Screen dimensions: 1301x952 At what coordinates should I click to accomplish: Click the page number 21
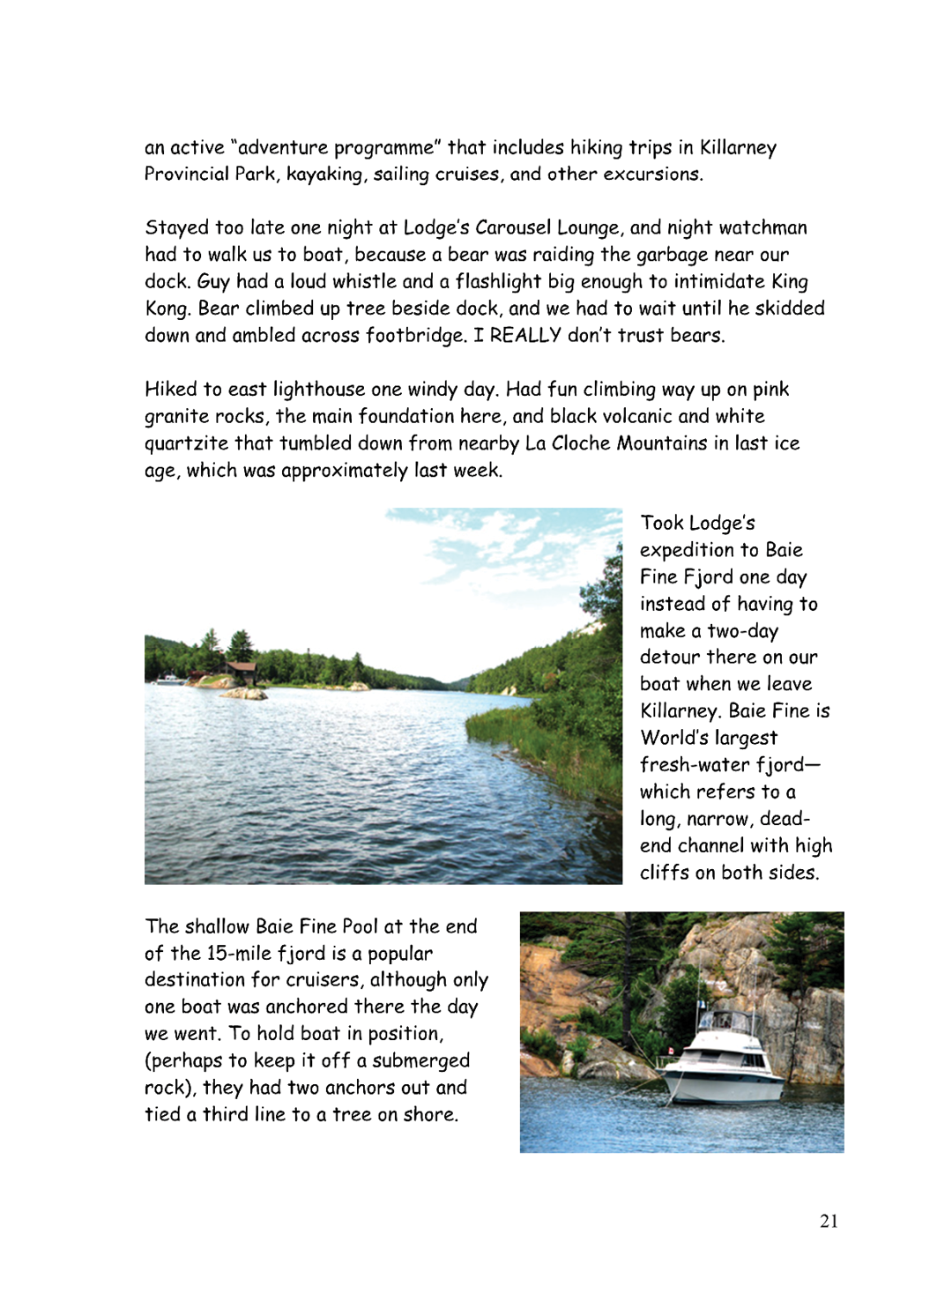(x=829, y=1221)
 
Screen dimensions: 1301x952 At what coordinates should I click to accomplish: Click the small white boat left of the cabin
(x=167, y=680)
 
